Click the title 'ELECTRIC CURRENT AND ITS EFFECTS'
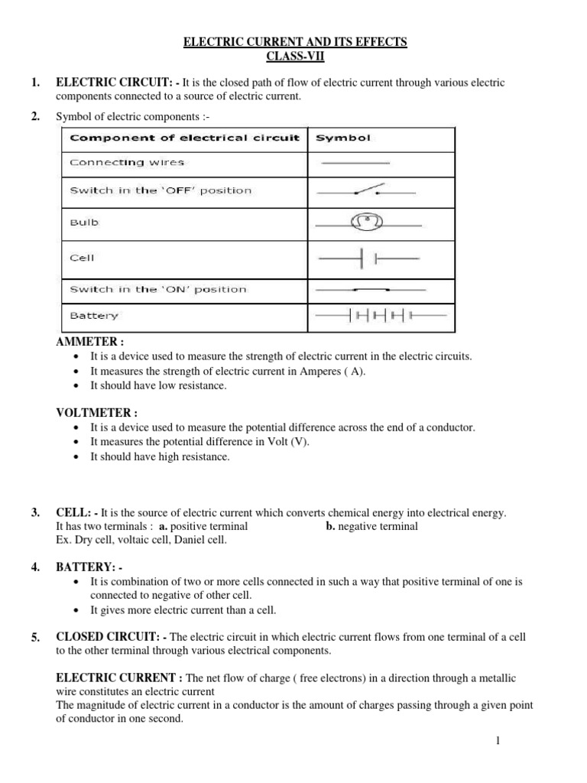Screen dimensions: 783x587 [295, 42]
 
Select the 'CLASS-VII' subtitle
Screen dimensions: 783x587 [295, 56]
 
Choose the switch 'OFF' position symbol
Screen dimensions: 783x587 [368, 192]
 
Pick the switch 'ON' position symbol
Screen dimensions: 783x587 [368, 290]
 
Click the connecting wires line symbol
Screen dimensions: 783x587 [355, 162]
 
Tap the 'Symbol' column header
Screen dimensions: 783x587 [343, 138]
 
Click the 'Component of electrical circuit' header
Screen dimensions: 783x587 [185, 138]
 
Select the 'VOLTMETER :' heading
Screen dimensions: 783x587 [96, 413]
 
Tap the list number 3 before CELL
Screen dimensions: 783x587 [35, 512]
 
